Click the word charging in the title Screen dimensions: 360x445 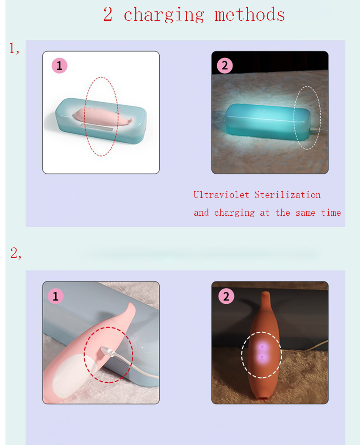click(164, 15)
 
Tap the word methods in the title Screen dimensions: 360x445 click(250, 14)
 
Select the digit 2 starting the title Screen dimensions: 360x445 click(108, 14)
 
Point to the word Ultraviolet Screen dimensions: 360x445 click(221, 195)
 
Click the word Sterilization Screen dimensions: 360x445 click(288, 195)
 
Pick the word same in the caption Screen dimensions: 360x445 click(305, 213)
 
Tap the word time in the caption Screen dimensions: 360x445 click(331, 212)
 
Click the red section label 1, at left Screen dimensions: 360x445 click(14, 48)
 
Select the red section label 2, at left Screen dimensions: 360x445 click(16, 253)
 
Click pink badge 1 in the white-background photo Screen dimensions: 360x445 click(59, 66)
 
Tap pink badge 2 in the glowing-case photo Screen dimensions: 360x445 click(224, 66)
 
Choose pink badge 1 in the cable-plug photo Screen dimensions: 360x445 click(55, 296)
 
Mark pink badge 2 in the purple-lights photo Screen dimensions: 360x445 click(226, 296)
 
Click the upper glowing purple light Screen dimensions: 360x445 click(262, 347)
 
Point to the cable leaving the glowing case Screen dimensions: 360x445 click(319, 131)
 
